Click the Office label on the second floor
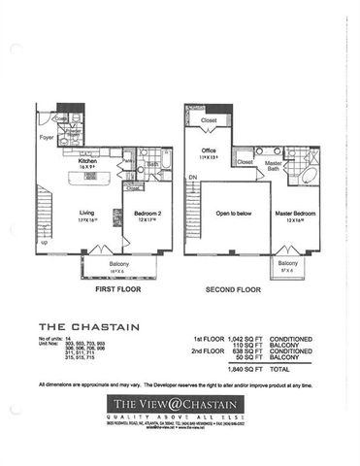click(208, 150)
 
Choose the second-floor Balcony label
click(286, 263)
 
